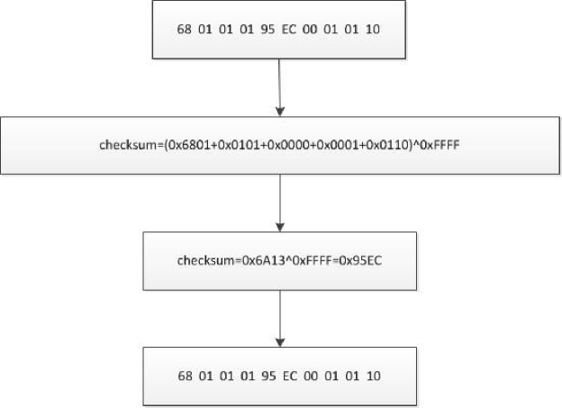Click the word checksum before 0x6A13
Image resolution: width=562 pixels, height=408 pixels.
[205, 260]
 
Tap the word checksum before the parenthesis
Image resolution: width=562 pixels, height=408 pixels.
[128, 145]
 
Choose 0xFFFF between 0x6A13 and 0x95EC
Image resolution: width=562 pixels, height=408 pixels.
[313, 260]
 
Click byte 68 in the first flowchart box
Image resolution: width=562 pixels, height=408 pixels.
[185, 29]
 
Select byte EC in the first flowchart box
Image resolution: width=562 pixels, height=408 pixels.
[289, 29]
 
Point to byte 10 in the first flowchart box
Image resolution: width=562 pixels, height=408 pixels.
[373, 29]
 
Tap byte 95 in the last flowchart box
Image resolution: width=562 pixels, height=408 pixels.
[268, 376]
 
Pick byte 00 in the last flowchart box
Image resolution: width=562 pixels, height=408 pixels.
[311, 376]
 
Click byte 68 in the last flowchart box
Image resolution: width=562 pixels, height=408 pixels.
[185, 376]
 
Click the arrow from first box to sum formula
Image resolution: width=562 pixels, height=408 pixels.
[279, 87]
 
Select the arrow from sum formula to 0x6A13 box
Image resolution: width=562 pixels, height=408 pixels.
[280, 203]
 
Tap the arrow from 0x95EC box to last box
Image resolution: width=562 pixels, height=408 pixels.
[280, 318]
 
